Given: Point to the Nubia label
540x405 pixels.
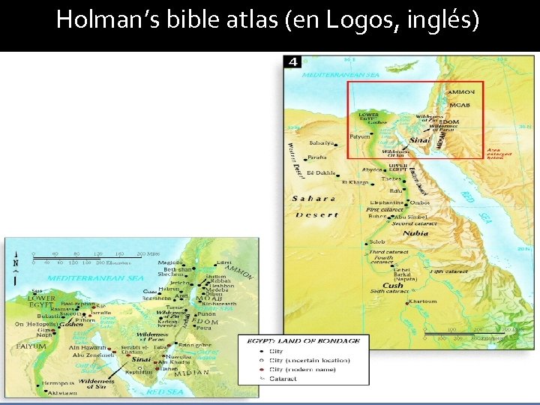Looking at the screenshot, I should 415,232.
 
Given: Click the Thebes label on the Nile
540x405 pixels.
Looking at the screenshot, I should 392,178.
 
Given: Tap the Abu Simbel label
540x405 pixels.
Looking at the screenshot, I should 411,216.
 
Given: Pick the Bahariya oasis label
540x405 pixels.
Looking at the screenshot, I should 322,142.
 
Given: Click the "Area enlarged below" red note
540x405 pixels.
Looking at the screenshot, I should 499,153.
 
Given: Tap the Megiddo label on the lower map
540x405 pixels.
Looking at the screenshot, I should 169,262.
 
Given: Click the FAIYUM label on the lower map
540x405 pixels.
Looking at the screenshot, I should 32,346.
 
